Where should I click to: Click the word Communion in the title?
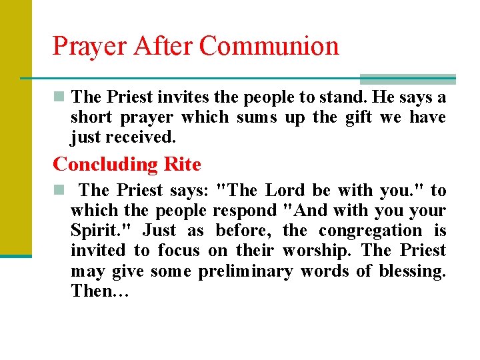269,46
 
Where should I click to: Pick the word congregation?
371,231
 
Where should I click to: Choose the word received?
141,137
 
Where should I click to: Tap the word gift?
359,117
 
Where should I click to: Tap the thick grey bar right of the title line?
407,79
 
